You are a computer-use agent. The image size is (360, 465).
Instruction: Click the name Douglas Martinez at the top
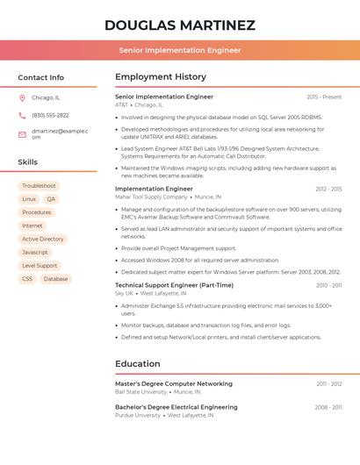[x=180, y=25]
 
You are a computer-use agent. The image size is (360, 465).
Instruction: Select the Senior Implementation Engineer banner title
[x=180, y=50]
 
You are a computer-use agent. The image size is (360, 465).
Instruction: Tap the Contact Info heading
[x=41, y=77]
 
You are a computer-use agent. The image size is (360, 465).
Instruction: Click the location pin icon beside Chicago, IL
[x=22, y=97]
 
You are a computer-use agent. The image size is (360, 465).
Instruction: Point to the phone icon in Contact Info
[x=22, y=115]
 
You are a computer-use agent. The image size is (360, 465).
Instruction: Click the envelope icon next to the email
[x=22, y=134]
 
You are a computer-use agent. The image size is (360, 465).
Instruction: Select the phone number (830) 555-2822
[x=50, y=115]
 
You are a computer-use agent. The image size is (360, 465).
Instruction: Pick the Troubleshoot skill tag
[x=39, y=186]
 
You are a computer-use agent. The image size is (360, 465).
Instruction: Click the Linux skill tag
[x=29, y=199]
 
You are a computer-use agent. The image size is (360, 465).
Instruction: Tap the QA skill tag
[x=51, y=199]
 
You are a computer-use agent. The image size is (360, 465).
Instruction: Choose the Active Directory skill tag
[x=43, y=239]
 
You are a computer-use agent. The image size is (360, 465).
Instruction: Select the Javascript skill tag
[x=35, y=252]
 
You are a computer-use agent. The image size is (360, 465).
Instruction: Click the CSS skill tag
[x=27, y=279]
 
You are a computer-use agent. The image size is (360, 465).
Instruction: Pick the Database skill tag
[x=55, y=279]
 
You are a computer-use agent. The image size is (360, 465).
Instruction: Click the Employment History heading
[x=161, y=77]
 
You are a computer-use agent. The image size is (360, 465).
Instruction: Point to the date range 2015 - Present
[x=324, y=97]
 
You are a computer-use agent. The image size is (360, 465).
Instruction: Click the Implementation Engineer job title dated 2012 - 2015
[x=154, y=189]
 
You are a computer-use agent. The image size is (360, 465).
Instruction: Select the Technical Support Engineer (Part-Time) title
[x=174, y=285]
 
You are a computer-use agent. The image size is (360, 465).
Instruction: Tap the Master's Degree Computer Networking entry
[x=174, y=383]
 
